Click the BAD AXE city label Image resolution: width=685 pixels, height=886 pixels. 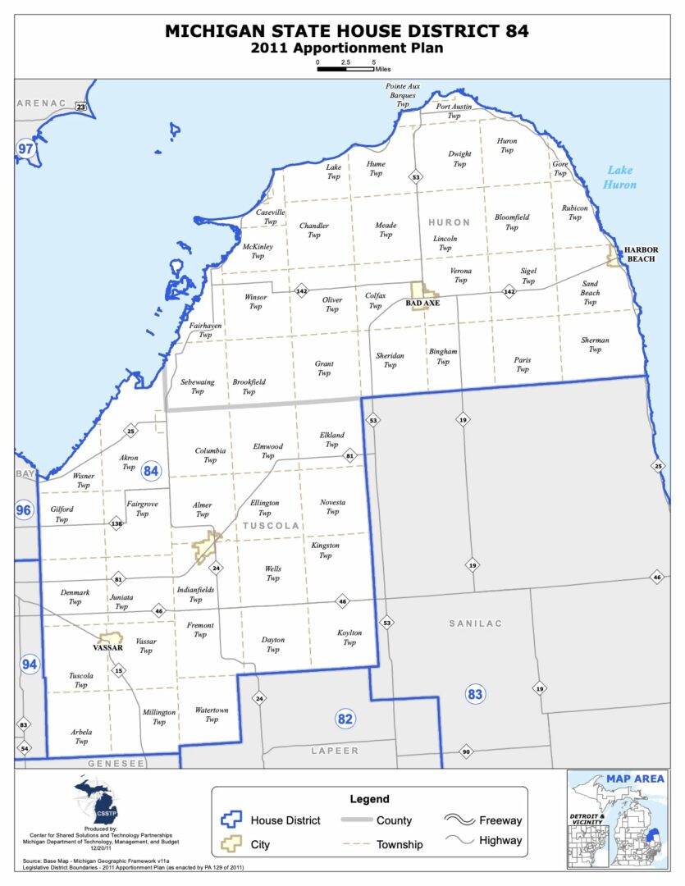point(422,303)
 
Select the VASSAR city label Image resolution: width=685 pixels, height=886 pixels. point(107,647)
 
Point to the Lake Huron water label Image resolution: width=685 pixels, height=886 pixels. point(619,177)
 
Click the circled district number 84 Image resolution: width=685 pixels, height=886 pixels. point(151,471)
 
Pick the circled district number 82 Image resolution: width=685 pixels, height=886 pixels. point(346,719)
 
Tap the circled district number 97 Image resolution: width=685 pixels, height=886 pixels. point(26,148)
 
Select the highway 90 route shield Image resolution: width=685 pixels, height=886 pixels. point(466,752)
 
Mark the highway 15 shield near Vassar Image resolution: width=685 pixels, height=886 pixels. point(119,671)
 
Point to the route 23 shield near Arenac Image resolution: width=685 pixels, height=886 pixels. point(80,107)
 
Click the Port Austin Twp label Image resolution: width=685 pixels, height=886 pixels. point(454,112)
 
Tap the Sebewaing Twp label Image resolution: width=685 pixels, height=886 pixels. point(198,386)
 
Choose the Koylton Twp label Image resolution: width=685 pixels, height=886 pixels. point(349,637)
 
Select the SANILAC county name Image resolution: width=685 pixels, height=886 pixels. point(475,623)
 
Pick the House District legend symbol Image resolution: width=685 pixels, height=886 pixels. point(233,820)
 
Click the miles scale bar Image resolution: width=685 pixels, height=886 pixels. point(345,69)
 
